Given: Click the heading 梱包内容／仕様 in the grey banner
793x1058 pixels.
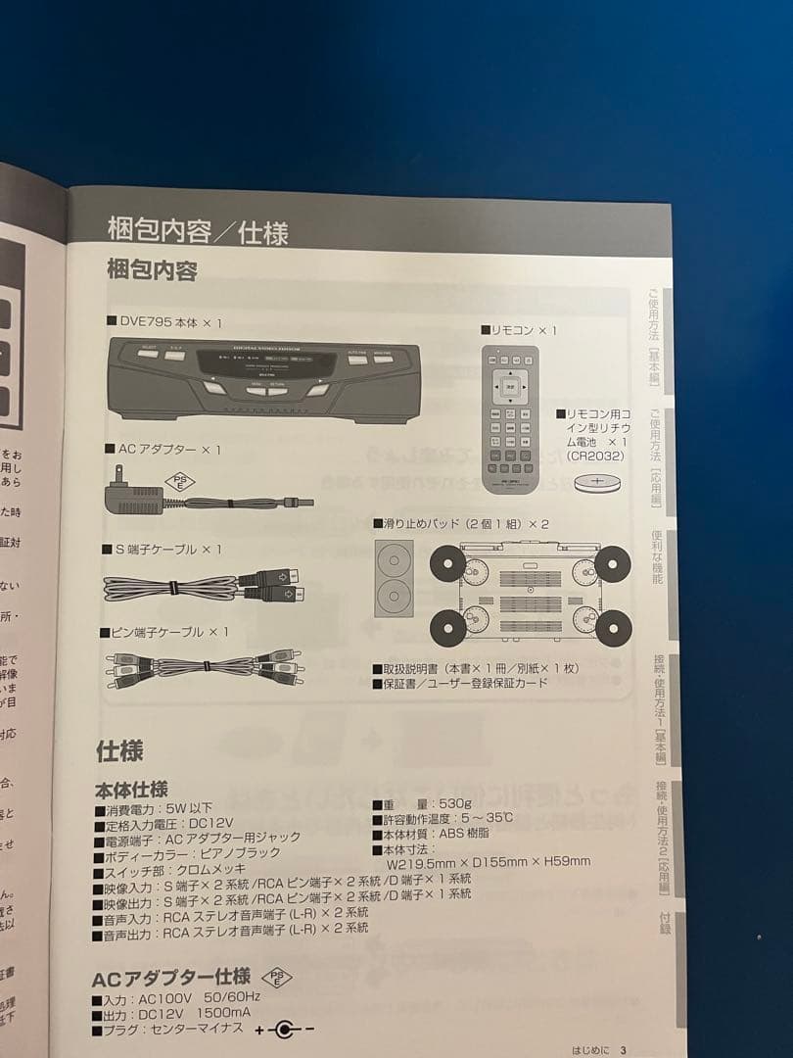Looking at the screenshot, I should click(198, 232).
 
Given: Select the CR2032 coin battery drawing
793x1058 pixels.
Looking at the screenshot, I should click(598, 482).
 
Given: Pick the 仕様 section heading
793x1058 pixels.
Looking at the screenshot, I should click(119, 751).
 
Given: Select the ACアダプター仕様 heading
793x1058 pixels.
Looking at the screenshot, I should click(170, 978).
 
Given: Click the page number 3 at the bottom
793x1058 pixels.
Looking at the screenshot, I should click(622, 1050).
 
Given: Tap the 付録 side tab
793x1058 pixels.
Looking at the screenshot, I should click(666, 925).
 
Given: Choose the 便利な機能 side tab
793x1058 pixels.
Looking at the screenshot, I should click(657, 557).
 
